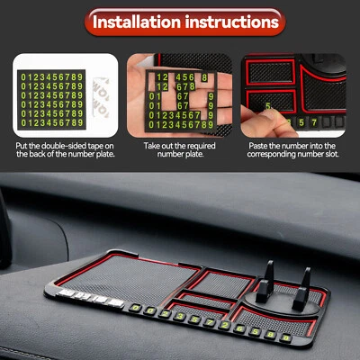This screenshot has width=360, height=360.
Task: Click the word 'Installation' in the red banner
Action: tap(141, 20)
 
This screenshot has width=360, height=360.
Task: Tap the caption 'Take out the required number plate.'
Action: tap(180, 150)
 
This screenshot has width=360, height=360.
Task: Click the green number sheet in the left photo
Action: tap(51, 94)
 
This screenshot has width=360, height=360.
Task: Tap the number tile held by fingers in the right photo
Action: tap(268, 107)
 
